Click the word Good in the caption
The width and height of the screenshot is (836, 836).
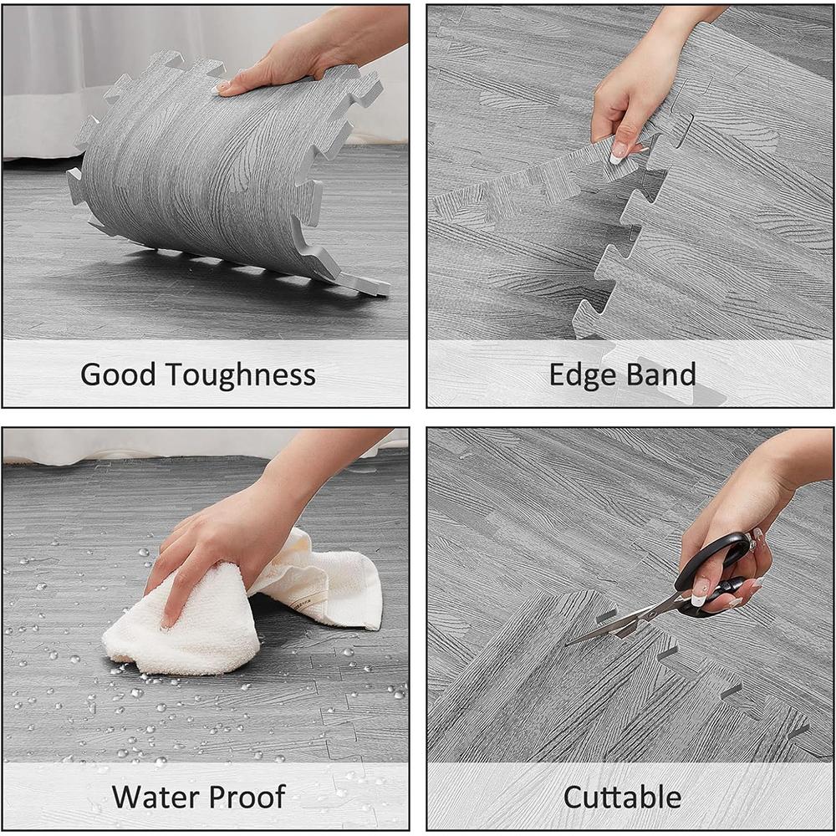[117, 375]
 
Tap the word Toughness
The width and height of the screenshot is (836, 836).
[241, 375]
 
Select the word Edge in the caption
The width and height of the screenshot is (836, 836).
[583, 375]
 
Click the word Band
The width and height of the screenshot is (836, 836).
[661, 375]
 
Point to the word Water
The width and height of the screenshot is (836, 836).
[155, 797]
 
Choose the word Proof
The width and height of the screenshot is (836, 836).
[247, 798]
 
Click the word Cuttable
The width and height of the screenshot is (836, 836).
[622, 797]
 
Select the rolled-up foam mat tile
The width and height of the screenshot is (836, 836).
[224, 171]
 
